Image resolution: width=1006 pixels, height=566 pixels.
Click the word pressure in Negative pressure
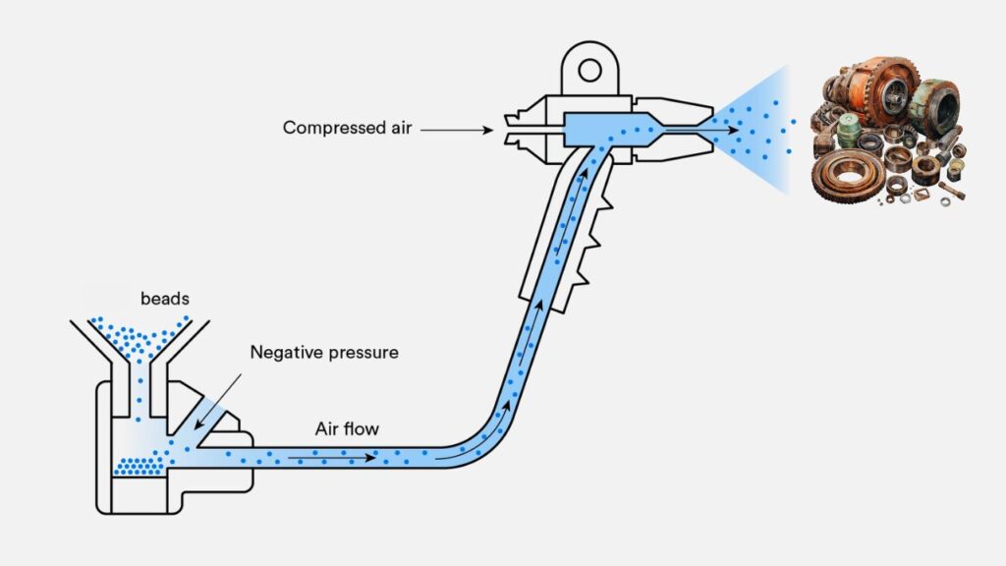364,352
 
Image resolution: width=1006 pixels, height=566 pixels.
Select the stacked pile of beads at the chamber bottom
138,465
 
